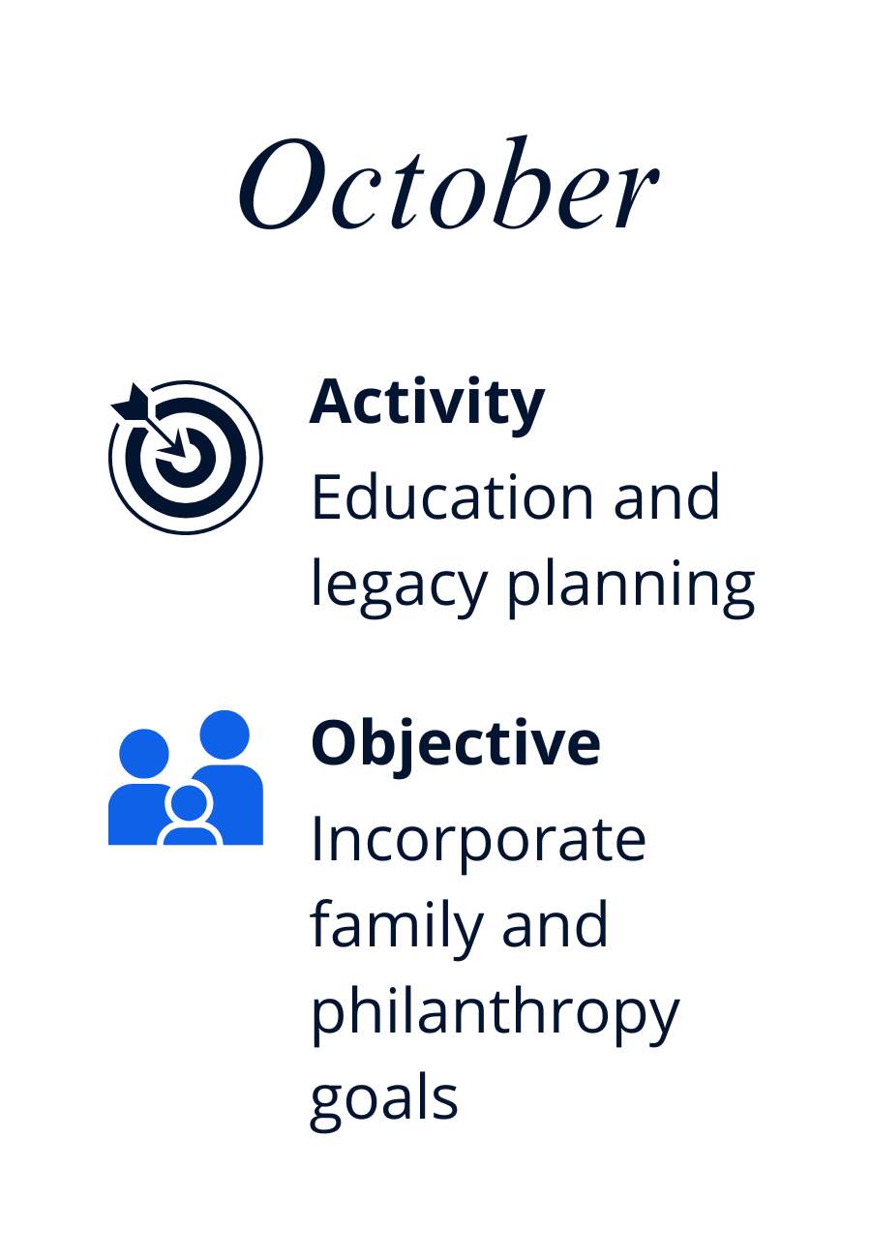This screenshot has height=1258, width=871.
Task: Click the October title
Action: tap(448, 183)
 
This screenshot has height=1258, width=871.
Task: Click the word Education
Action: tap(453, 496)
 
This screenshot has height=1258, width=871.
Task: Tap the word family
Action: tap(396, 929)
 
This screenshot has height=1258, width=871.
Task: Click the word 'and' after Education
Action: tap(667, 496)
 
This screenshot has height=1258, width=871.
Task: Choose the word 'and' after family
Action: tap(555, 929)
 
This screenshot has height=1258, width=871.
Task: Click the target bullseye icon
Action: tap(185, 457)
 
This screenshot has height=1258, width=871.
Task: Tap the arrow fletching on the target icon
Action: tap(131, 404)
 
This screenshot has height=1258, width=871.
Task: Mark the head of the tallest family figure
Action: tap(225, 735)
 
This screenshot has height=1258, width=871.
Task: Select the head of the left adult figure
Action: tap(144, 754)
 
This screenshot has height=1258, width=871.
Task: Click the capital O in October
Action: tap(283, 184)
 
